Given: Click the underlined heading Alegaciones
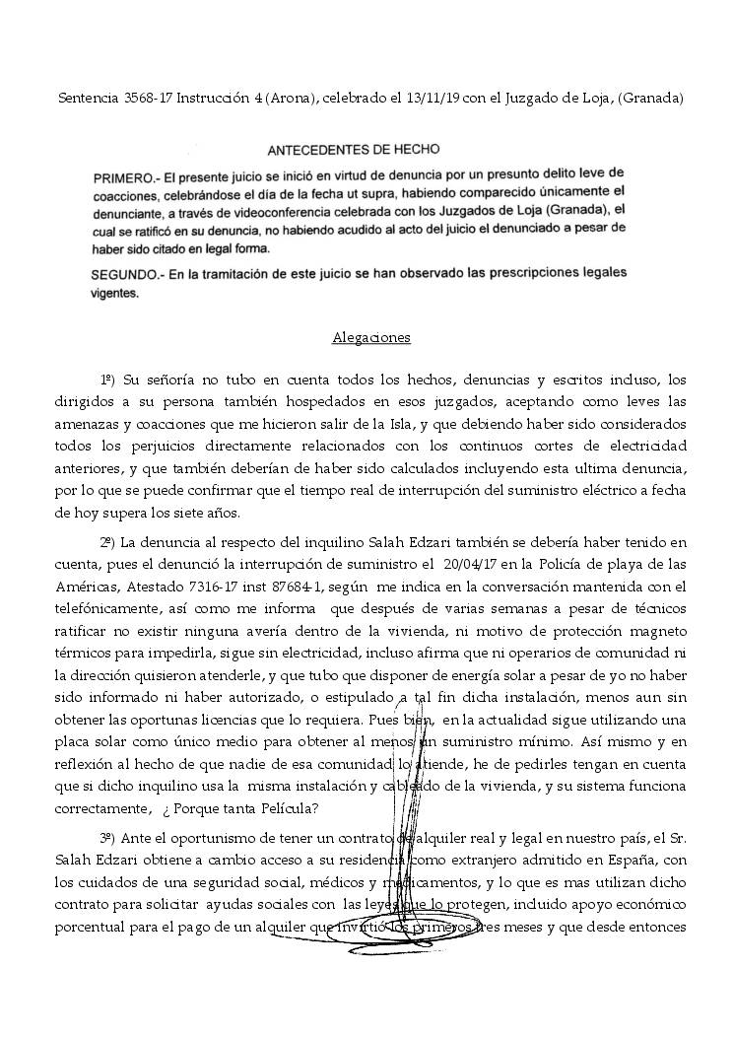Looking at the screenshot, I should [370, 337].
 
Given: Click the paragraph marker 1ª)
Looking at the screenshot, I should [108, 380].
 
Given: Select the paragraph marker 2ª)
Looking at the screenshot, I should [108, 542].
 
